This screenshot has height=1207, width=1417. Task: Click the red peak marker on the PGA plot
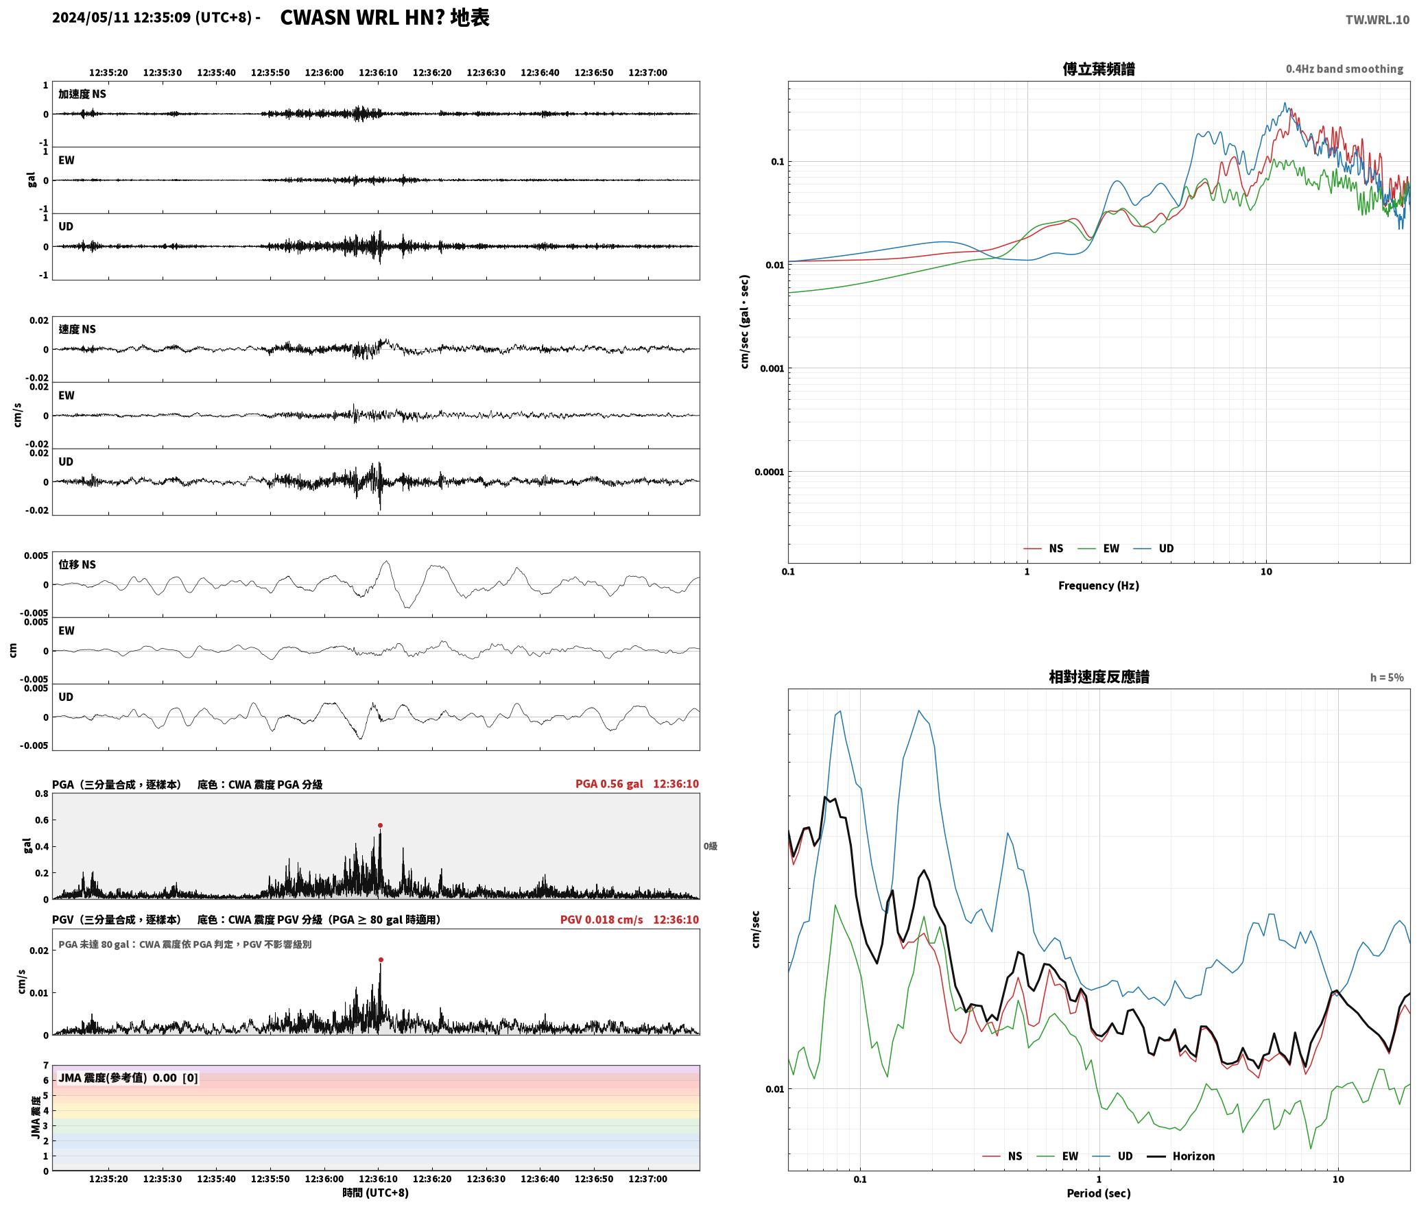pos(380,826)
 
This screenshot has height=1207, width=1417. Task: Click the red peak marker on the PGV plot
pos(381,960)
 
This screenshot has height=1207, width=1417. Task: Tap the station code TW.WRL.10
pos(1377,20)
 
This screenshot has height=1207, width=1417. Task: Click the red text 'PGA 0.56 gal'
pos(609,784)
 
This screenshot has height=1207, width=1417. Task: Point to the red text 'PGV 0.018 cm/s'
pos(602,920)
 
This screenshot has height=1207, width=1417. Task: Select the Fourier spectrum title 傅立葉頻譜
pos(1098,69)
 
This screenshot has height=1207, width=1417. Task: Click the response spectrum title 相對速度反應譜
pos(1099,677)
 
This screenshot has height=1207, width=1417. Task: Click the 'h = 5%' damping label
pos(1387,678)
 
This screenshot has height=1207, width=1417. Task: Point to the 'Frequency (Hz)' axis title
pos(1098,586)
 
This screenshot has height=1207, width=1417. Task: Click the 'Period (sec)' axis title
pos(1098,1193)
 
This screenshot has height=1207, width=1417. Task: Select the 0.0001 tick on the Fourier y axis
pos(769,472)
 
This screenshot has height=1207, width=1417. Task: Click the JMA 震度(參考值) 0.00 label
pos(128,1078)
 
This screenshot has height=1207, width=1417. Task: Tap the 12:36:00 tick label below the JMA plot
pos(324,1179)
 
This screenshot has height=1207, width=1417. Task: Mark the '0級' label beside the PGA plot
pos(710,846)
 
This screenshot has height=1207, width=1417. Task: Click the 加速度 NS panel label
pos(82,94)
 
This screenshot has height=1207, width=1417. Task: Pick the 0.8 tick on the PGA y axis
pos(42,794)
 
